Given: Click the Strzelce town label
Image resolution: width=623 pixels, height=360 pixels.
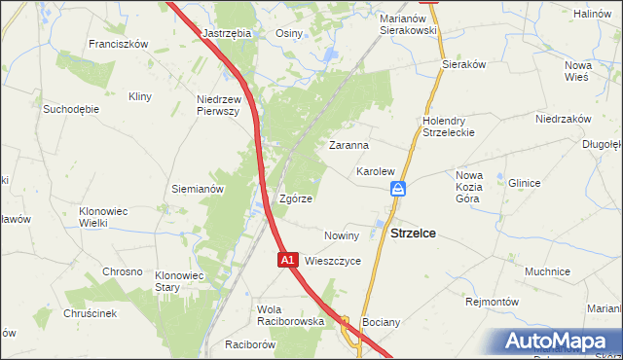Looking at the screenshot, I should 413,234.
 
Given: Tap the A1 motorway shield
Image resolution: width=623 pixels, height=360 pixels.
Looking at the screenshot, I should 287,261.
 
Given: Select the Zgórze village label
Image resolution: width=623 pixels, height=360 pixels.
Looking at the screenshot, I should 296,198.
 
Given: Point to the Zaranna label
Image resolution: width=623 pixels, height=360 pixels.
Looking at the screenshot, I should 348,145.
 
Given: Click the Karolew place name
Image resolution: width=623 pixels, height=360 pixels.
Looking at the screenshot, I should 375,171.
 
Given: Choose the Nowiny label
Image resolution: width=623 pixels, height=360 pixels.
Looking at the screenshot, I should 342,235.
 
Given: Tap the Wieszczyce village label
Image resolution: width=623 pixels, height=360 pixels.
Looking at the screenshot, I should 333,261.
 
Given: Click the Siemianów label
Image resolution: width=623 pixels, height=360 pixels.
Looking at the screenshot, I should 198,189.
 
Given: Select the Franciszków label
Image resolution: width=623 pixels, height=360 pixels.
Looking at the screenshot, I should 117,44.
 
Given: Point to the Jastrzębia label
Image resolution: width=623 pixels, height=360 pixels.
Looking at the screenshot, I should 227,32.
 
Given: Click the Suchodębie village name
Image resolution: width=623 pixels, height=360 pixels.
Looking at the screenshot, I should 70,109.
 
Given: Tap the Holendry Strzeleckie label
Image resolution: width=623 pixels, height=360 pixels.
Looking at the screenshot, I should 448,126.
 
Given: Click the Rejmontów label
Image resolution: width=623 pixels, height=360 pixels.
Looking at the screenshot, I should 494,302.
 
